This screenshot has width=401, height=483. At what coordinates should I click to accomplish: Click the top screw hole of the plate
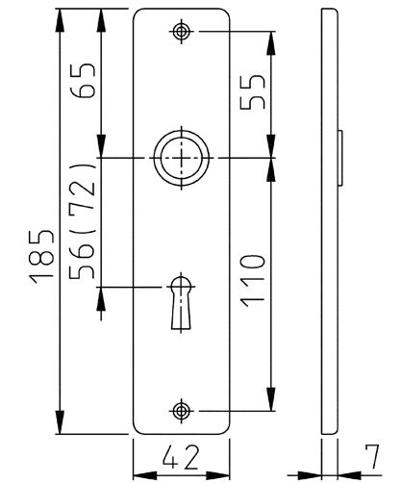click(x=181, y=32)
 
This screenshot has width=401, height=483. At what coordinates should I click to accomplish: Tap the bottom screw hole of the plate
click(x=181, y=411)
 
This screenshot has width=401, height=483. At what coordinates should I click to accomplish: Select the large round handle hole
click(x=181, y=157)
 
